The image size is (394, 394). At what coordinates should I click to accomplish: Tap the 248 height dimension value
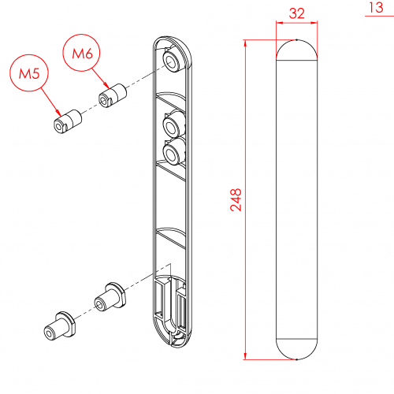pyautogui.click(x=236, y=199)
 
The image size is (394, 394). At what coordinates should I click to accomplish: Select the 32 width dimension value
pyautogui.click(x=297, y=13)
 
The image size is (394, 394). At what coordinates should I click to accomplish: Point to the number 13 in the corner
pyautogui.click(x=376, y=7)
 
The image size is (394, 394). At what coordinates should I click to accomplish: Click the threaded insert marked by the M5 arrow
pyautogui.click(x=68, y=122)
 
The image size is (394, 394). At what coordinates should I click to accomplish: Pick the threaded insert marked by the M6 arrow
pyautogui.click(x=113, y=95)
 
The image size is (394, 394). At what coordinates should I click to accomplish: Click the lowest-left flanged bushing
pyautogui.click(x=59, y=325)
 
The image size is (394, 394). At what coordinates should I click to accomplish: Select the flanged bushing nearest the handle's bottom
pyautogui.click(x=110, y=296)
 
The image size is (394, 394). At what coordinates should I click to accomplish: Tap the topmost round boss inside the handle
pyautogui.click(x=173, y=61)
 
